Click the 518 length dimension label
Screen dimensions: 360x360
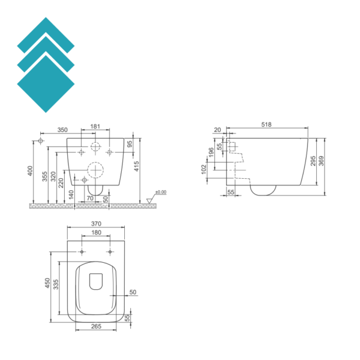tap(266, 124)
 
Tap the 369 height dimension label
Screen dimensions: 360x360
tap(321, 161)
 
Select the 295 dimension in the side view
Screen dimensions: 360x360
tap(313, 161)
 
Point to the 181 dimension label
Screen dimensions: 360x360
tap(95, 126)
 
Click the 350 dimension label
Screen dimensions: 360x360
tap(62, 130)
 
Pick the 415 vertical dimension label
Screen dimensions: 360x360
tap(136, 166)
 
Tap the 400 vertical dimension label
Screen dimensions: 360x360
tap(31, 171)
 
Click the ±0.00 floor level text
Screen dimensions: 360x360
tap(161, 192)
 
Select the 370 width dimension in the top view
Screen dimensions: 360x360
tap(96, 224)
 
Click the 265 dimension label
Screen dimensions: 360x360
tap(96, 326)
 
